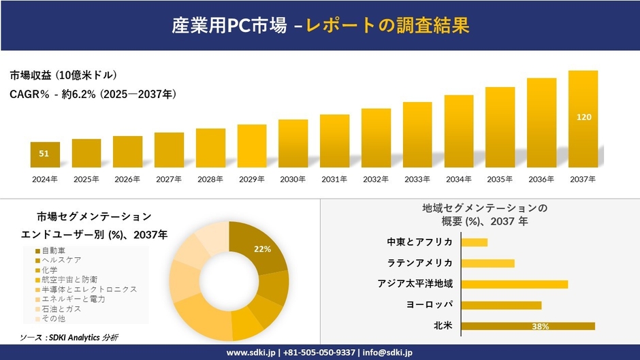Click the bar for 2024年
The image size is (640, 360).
45,155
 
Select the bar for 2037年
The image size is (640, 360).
583,119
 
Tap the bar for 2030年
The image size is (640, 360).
293,144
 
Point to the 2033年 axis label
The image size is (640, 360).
417,179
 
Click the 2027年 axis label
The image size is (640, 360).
169,179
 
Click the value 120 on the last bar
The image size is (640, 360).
583,117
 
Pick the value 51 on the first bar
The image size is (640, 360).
44,154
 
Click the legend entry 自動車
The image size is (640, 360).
54,250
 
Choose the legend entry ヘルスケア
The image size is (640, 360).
61,260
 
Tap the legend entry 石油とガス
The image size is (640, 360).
61,308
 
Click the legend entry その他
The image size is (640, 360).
54,318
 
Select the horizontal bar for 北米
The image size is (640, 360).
528,326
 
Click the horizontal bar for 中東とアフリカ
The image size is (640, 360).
474,242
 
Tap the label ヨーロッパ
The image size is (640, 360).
429,305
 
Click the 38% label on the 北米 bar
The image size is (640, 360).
541,327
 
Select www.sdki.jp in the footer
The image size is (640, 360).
250,353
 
